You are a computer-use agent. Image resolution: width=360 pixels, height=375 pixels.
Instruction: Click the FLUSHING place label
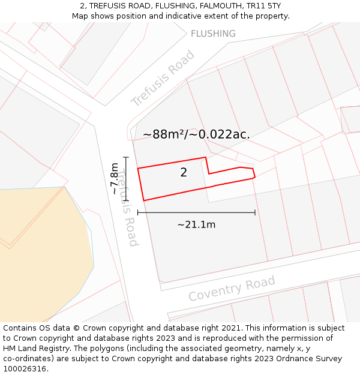213,34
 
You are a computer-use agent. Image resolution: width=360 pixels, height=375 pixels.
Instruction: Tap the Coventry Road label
232,289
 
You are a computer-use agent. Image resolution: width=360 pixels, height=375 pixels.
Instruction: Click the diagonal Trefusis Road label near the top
163,79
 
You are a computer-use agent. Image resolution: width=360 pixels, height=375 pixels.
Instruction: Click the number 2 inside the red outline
184,173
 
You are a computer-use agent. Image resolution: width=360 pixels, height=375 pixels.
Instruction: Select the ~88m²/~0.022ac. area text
196,134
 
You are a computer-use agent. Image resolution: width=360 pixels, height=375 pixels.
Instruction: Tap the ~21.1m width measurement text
196,224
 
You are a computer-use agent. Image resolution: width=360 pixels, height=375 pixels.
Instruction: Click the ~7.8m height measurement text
114,178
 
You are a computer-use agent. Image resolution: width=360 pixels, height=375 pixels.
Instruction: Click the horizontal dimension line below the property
196,212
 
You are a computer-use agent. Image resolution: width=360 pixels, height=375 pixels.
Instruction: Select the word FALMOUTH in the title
216,6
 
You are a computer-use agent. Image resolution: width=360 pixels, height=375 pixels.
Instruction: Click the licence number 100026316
24,369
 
